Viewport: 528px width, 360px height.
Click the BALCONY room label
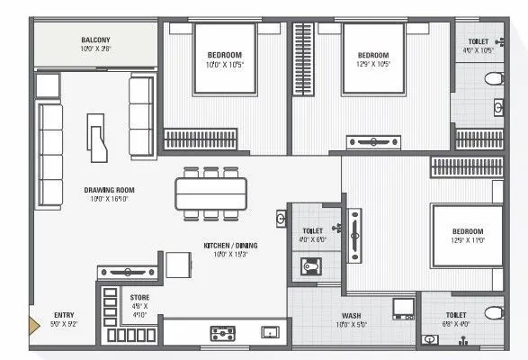pyautogui.click(x=96, y=40)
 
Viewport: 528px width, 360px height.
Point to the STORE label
pyautogui.click(x=139, y=297)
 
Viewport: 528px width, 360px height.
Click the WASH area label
pyautogui.click(x=351, y=315)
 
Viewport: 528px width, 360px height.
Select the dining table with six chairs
pyautogui.click(x=210, y=192)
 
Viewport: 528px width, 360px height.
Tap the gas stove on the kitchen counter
pyautogui.click(x=221, y=333)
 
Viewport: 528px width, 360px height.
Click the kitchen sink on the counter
pyautogui.click(x=269, y=332)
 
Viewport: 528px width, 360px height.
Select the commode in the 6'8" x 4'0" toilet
pyautogui.click(x=491, y=313)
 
